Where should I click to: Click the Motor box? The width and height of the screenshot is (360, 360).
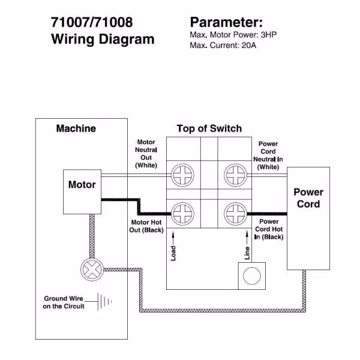(x=82, y=190)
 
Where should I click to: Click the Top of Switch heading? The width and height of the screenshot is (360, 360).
(x=209, y=128)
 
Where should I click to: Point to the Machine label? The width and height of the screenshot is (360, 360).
(x=76, y=128)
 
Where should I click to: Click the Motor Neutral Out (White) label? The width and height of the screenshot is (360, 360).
(x=146, y=154)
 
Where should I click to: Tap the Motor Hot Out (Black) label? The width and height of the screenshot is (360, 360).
(x=147, y=226)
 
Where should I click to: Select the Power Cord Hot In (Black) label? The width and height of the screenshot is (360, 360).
(x=268, y=229)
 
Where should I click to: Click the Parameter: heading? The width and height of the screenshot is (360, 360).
(x=226, y=23)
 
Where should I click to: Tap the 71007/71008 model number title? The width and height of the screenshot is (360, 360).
(x=92, y=23)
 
